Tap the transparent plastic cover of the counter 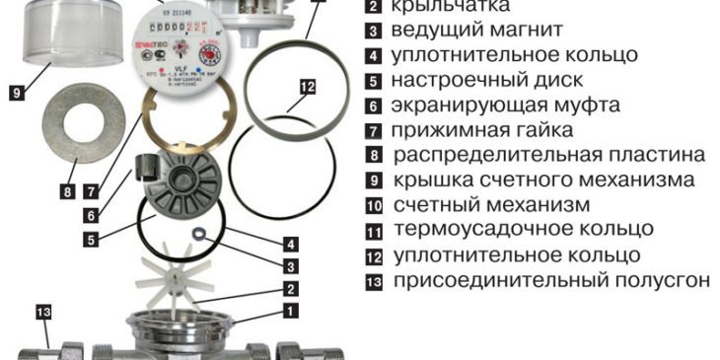click(x=58, y=39)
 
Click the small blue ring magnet click(x=199, y=234)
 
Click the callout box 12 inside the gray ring click(x=307, y=88)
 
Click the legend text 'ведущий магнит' click(x=463, y=30)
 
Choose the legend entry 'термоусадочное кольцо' click(x=523, y=230)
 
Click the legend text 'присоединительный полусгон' click(x=550, y=280)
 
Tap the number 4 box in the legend click(x=373, y=55)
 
